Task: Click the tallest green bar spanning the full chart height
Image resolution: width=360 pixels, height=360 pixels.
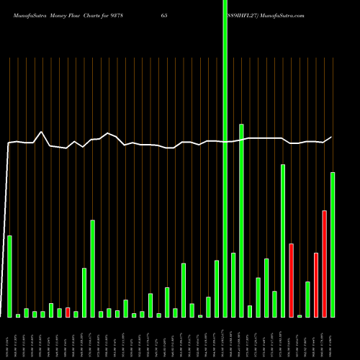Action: (225, 158)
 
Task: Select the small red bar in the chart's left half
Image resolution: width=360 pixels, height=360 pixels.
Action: (68, 312)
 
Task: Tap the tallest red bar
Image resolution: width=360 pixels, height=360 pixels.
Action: (325, 264)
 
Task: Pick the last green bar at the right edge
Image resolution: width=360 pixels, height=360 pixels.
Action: (333, 245)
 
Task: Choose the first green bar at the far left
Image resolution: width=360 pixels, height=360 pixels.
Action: (9, 276)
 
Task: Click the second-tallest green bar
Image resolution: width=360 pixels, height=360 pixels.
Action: (241, 220)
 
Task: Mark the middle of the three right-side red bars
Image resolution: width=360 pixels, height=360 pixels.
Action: (316, 285)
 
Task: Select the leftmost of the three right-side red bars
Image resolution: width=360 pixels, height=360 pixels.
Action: (292, 280)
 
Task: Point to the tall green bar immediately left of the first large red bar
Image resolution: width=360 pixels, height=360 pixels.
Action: (283, 240)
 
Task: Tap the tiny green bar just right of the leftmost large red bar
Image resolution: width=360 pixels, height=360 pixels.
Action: (300, 315)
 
